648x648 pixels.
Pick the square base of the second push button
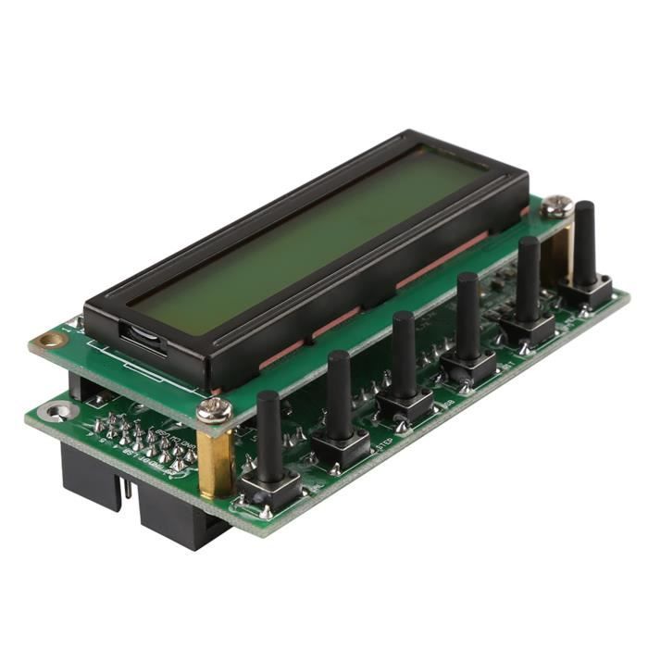pyautogui.click(x=340, y=445)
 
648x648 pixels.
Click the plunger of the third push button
pyautogui.click(x=404, y=352)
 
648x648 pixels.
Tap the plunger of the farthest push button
pyautogui.click(x=585, y=241)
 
